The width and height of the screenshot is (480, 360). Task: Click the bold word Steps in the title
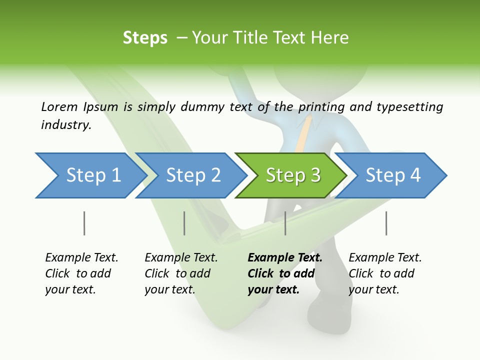(x=145, y=38)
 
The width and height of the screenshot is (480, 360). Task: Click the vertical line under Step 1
(x=84, y=223)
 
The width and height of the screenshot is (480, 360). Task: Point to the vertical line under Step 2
(x=184, y=223)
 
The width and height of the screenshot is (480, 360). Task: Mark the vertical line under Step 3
(x=285, y=223)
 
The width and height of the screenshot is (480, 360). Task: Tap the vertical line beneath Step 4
(x=386, y=223)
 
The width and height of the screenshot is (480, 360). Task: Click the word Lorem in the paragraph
(x=59, y=106)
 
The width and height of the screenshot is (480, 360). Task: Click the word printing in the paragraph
(x=322, y=107)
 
